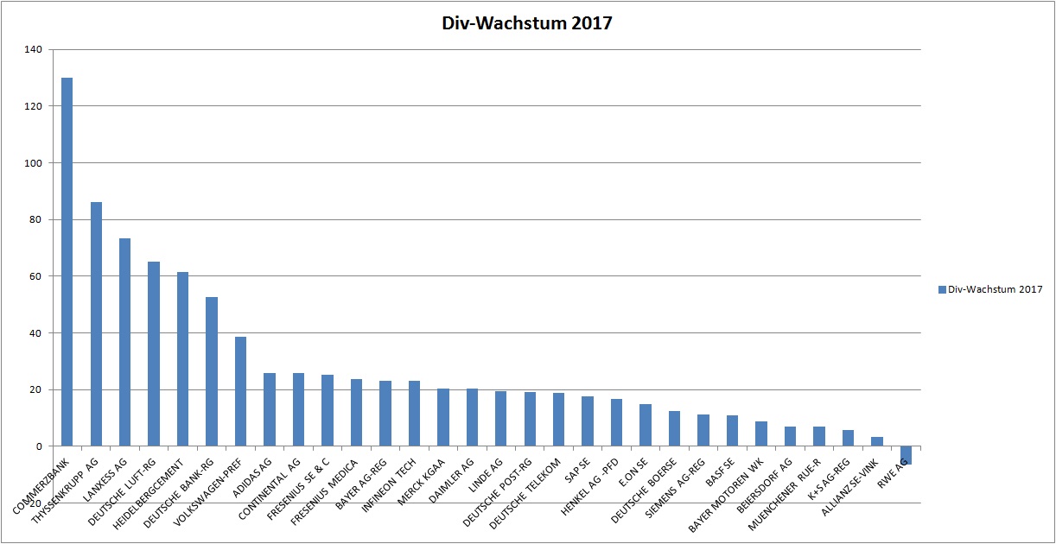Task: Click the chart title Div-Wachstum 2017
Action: coord(526,23)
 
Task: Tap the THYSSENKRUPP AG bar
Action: coord(96,324)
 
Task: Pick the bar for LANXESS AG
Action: coord(124,342)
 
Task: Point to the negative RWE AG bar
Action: coord(906,455)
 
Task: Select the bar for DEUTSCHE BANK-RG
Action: coord(212,371)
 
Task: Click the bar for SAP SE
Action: coord(588,421)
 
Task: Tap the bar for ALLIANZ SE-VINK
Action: coord(876,441)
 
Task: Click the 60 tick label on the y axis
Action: coord(36,276)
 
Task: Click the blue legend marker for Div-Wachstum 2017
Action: coord(941,289)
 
